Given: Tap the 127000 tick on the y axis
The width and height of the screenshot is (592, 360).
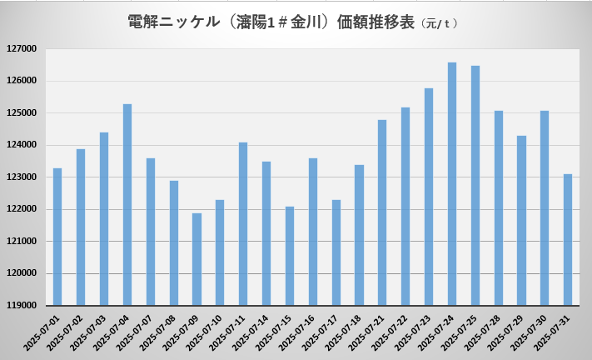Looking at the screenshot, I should [22, 49].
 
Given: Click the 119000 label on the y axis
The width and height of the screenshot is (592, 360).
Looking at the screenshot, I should [22, 306].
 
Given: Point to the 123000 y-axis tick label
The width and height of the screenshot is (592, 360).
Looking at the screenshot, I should [22, 177].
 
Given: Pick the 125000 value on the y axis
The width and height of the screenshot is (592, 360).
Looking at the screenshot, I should [22, 113].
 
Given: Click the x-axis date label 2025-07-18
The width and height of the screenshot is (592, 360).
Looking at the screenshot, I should [346, 332].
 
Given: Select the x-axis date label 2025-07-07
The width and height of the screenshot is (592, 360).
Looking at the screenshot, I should [137, 332].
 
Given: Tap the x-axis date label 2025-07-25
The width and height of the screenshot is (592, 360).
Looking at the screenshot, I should [461, 332].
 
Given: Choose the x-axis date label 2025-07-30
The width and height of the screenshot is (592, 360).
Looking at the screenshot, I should [531, 332].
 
